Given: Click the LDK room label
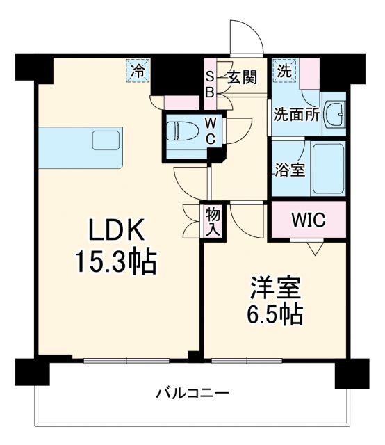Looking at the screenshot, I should pyautogui.click(x=116, y=231).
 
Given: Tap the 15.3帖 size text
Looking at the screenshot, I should pyautogui.click(x=116, y=263).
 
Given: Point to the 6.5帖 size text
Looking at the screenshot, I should pyautogui.click(x=275, y=315).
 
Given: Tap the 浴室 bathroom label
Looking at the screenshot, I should pyautogui.click(x=290, y=169).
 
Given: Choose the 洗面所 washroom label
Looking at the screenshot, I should pyautogui.click(x=296, y=115).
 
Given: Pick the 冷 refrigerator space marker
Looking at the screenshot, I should pyautogui.click(x=139, y=70).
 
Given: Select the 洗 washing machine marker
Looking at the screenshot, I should pyautogui.click(x=284, y=70).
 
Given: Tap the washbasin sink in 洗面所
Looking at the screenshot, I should pyautogui.click(x=336, y=112).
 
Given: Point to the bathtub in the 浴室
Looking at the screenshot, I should pyautogui.click(x=328, y=168).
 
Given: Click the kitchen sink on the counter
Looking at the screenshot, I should pyautogui.click(x=106, y=140).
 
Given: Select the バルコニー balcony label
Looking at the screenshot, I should pyautogui.click(x=192, y=394).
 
